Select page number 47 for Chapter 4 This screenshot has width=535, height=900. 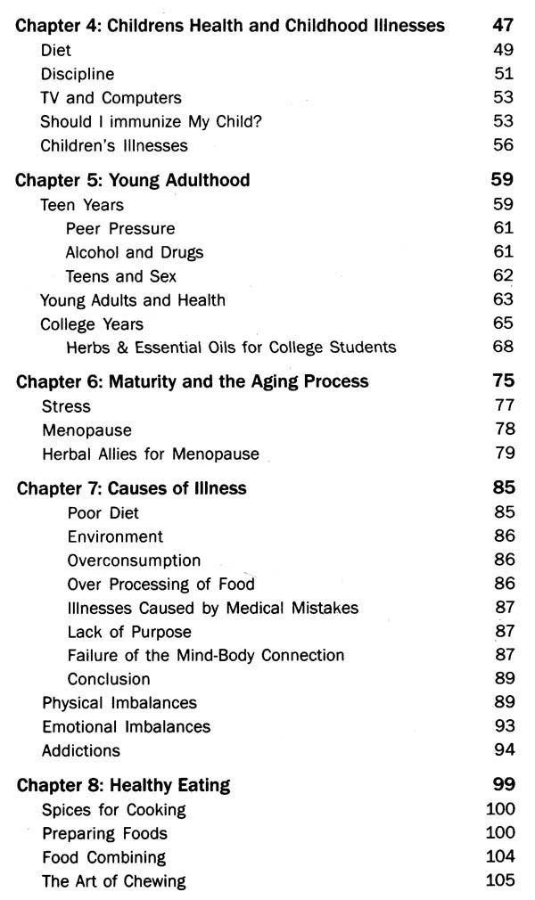tap(503, 26)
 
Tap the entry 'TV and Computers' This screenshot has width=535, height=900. tap(111, 98)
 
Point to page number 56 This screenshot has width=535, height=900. tap(503, 145)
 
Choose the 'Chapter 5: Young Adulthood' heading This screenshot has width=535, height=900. tap(133, 180)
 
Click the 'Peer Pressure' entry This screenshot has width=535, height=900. tap(120, 228)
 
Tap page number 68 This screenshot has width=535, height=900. tap(503, 347)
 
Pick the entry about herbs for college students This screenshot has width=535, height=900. tap(231, 347)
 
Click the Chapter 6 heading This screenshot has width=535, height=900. tap(193, 382)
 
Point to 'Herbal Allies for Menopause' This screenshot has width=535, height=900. tap(151, 454)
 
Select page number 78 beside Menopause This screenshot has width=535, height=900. tap(503, 430)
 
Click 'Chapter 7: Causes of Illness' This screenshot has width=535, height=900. tap(132, 488)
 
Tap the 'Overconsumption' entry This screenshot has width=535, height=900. tap(134, 560)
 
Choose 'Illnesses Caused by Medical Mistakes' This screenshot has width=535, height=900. tap(213, 609)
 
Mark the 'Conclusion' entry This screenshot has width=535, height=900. tap(109, 679)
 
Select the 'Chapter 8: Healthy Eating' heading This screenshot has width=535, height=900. tap(124, 785)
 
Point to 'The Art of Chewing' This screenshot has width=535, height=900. tap(114, 881)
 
